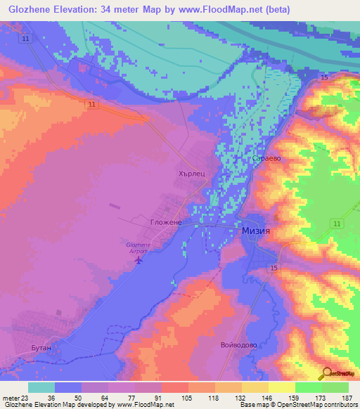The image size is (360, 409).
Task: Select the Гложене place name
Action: [x=166, y=222]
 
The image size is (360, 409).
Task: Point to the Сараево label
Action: [x=267, y=158]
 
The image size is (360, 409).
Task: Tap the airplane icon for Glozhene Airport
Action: [x=138, y=261]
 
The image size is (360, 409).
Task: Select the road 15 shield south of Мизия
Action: [x=274, y=268]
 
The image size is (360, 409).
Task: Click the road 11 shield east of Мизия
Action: [x=337, y=223]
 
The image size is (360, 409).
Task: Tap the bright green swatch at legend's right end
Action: [x=335, y=387]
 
